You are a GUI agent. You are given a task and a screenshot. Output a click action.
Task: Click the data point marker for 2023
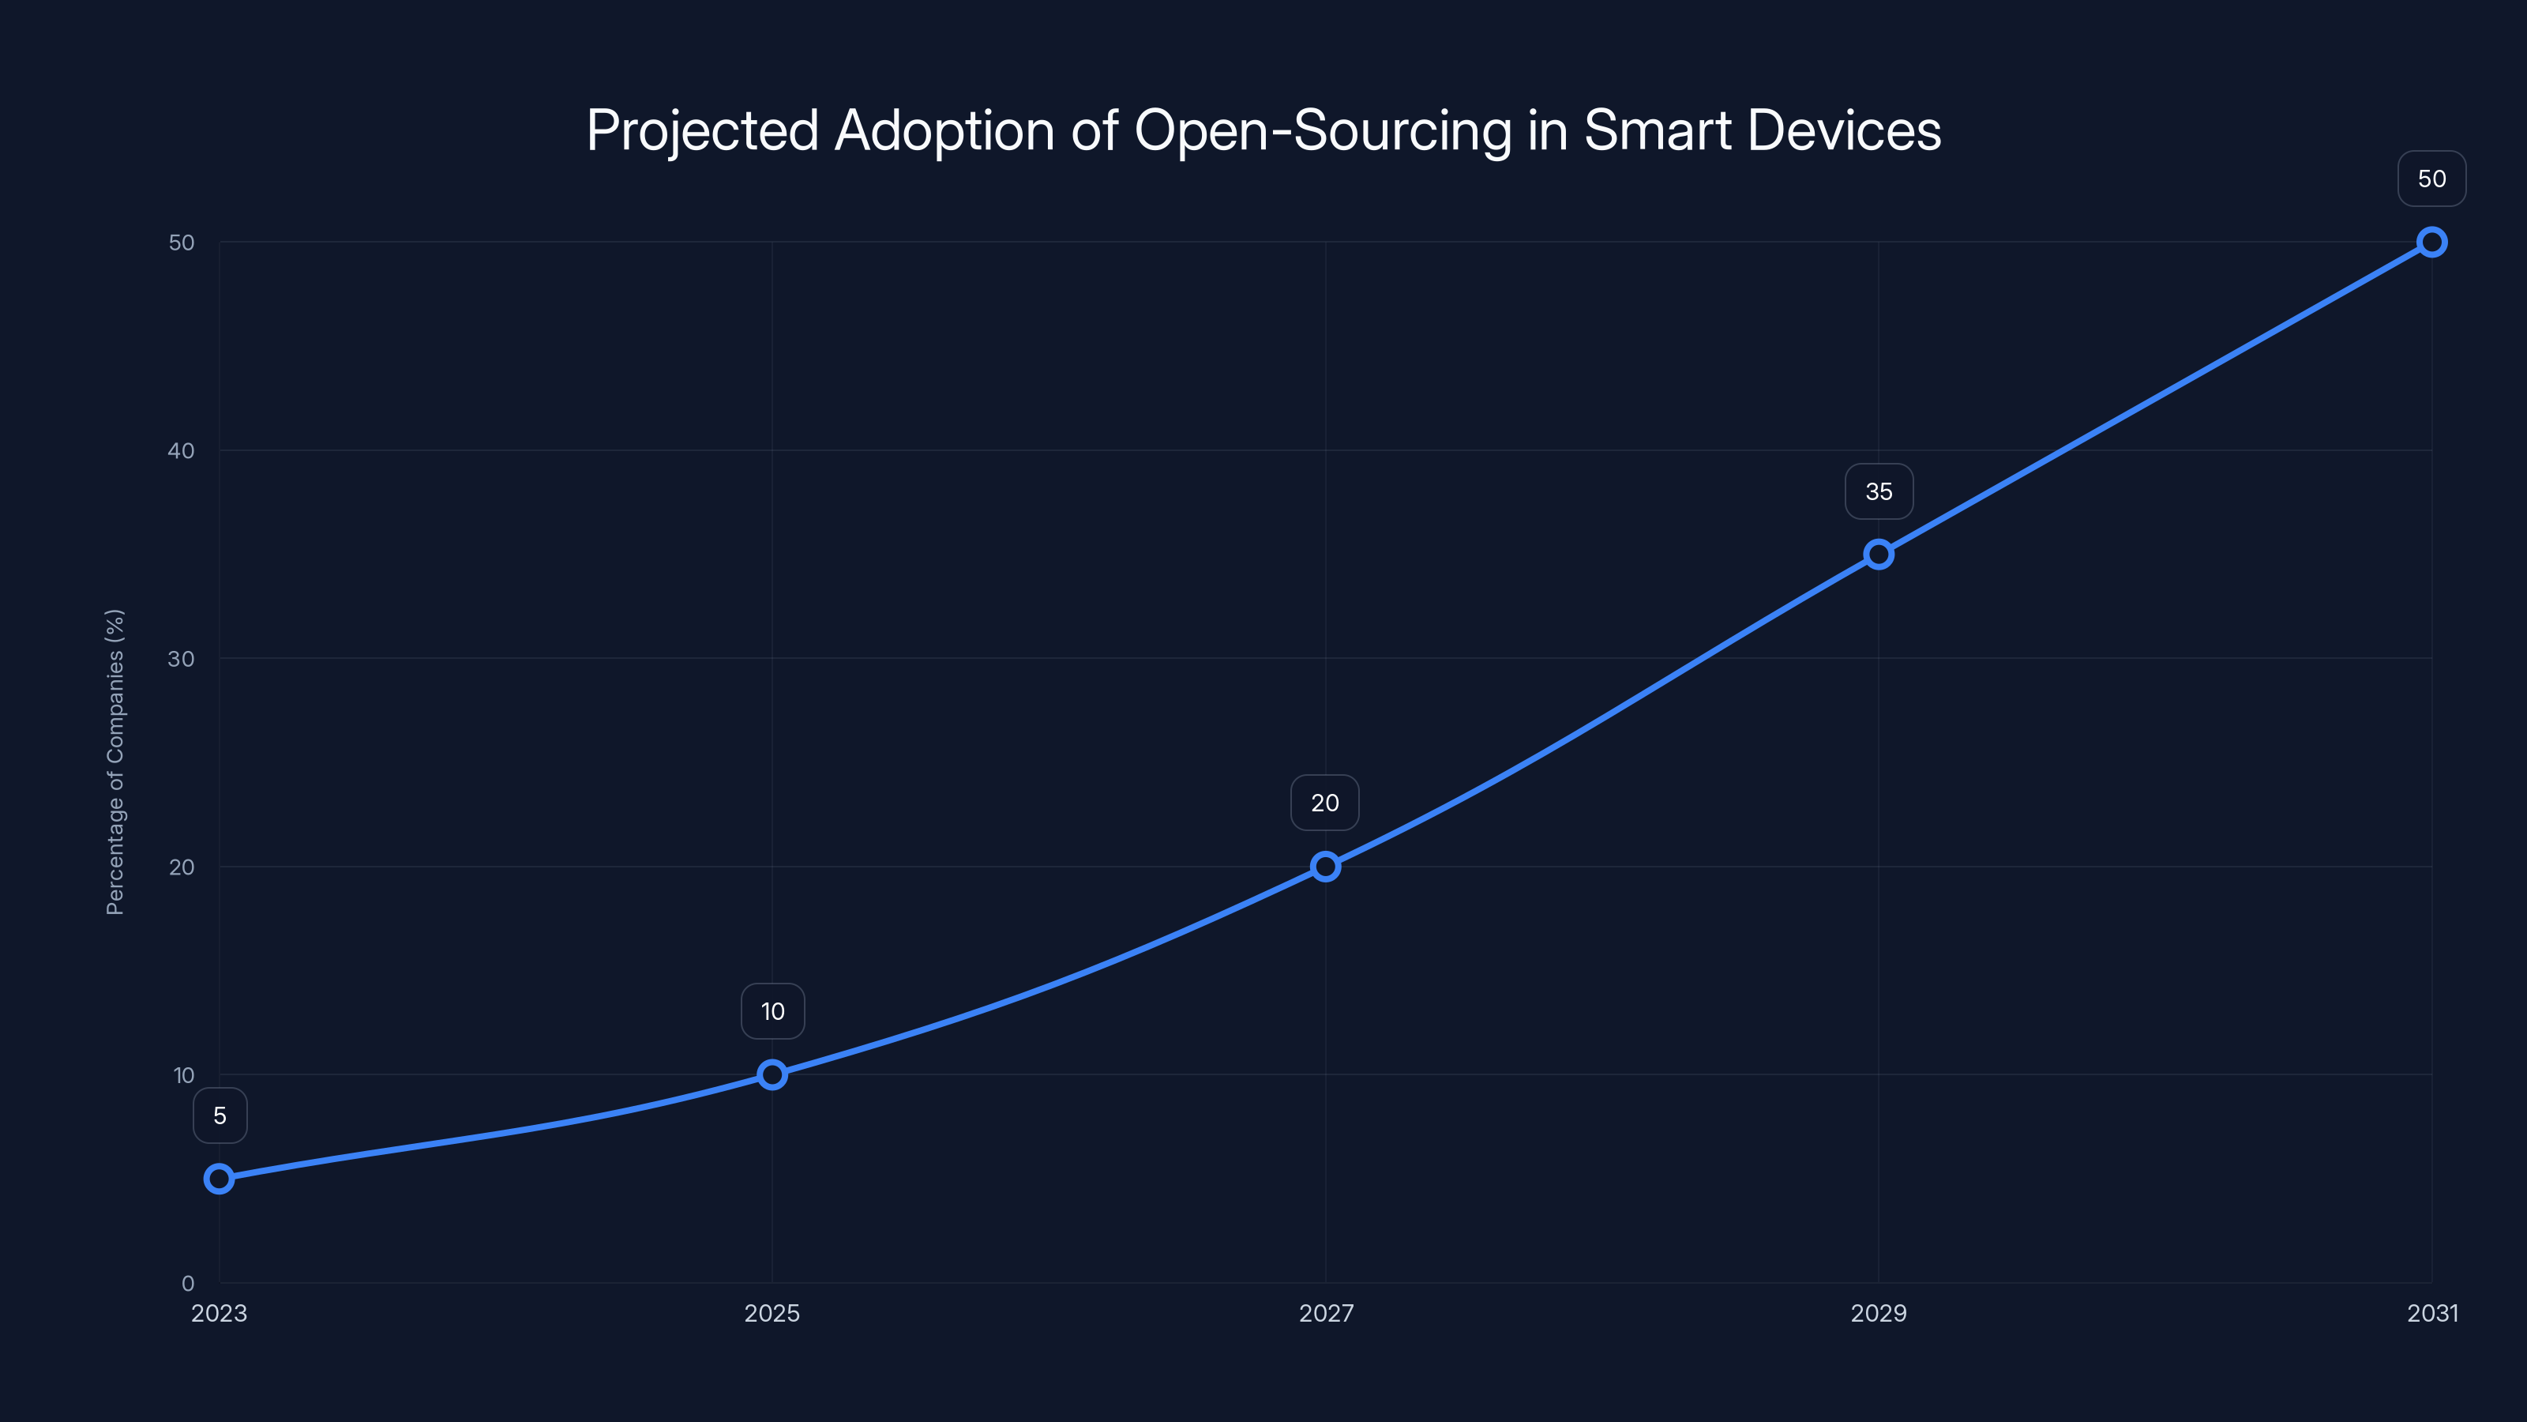219,1179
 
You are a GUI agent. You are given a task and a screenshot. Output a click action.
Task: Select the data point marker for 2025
772,1074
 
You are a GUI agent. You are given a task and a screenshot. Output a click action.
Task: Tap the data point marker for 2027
1325,867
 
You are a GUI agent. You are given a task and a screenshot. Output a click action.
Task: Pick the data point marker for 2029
1879,555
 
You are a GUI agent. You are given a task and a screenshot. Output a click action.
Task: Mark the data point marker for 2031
2432,243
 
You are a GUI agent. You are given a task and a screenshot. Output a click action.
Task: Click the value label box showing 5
220,1115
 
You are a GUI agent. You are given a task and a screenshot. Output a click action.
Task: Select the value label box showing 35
1879,491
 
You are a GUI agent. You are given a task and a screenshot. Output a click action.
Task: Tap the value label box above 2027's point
1324,803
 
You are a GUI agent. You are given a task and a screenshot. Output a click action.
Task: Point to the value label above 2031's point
2432,179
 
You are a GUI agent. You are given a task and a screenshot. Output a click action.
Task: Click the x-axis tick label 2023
219,1313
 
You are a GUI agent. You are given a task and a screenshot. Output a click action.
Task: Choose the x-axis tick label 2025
772,1313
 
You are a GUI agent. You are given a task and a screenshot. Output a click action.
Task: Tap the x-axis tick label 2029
1879,1313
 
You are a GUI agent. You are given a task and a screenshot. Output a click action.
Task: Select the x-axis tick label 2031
2432,1313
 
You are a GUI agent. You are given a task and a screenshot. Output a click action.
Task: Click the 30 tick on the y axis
182,659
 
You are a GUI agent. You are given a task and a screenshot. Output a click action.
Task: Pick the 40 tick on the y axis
182,450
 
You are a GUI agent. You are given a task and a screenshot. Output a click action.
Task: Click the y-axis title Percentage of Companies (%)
115,762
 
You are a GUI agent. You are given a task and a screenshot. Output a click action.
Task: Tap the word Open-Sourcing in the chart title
1323,130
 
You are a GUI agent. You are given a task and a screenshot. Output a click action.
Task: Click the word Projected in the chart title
702,130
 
